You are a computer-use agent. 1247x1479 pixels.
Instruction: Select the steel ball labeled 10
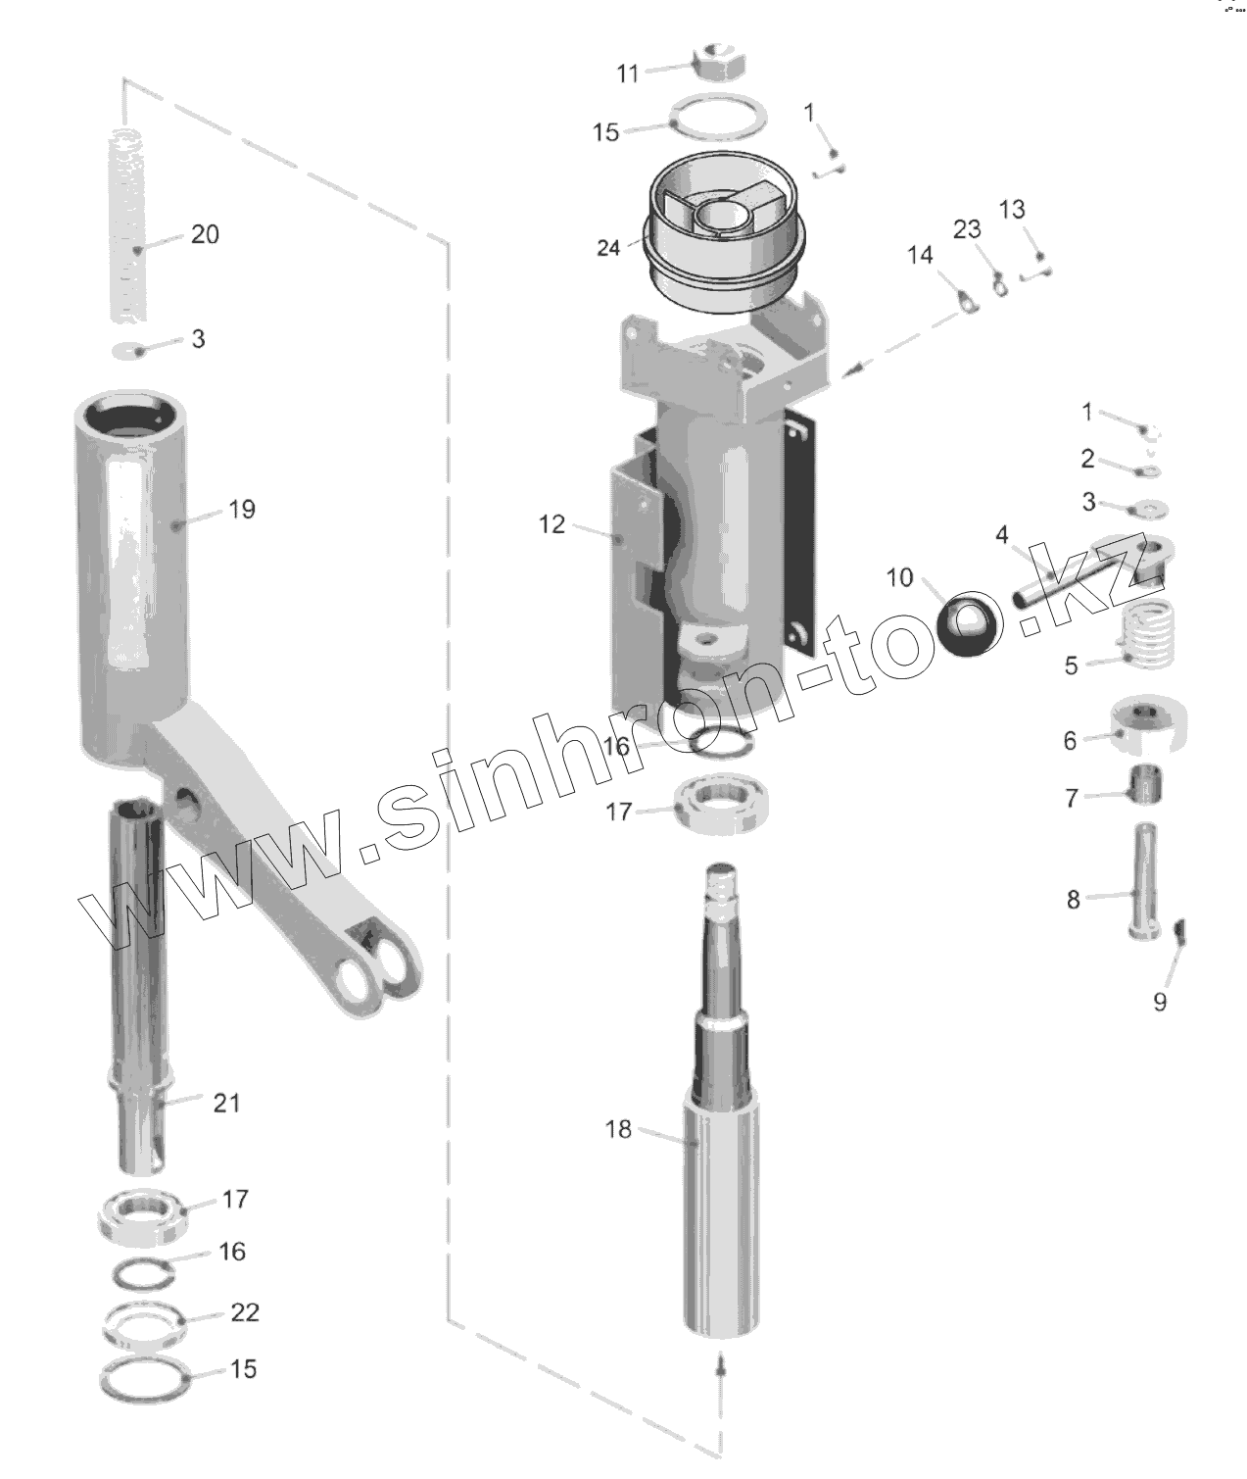[968, 622]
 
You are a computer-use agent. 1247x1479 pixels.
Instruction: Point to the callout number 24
[608, 248]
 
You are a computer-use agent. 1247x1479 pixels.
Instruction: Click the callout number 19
[242, 509]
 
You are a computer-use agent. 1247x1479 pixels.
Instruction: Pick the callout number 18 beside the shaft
[618, 1128]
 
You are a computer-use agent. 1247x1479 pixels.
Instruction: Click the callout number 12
[552, 524]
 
